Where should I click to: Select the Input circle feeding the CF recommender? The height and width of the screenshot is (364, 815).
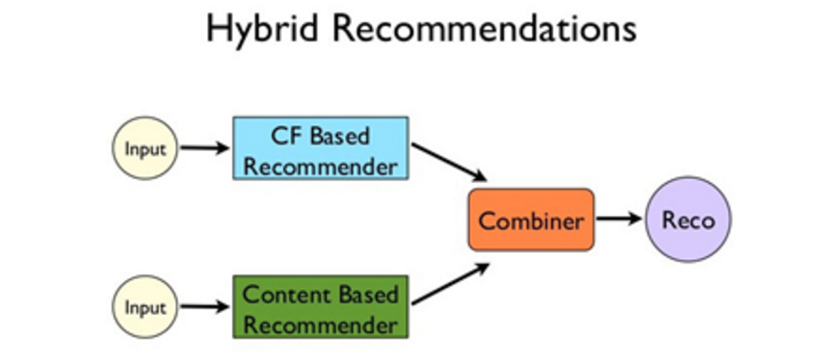145,149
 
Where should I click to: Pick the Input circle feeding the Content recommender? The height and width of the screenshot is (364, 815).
145,307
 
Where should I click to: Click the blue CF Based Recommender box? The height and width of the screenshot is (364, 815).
320,148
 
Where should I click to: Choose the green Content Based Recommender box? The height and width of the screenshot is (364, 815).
320,306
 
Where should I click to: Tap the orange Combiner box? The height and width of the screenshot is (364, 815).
531,221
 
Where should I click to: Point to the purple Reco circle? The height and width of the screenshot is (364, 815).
688,221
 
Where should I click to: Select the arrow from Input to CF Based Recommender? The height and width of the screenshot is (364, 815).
204,148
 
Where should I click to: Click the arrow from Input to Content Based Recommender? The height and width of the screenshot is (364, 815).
204,307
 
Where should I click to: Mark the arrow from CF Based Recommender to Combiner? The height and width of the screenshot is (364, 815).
449,161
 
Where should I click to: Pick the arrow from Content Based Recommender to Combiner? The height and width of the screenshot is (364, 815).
449,284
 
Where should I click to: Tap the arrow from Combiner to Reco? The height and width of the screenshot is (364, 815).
618,220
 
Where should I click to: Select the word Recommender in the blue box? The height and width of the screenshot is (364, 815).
320,165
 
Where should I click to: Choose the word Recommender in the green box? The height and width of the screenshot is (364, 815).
320,323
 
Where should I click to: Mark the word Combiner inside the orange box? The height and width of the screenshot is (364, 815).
531,221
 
